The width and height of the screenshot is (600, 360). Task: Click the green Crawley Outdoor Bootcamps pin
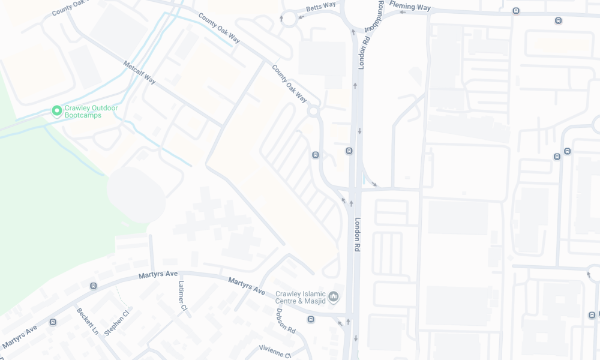point(57,111)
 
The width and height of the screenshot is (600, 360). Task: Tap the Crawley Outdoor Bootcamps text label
point(91,112)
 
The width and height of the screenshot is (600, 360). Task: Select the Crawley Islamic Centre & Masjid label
point(300,298)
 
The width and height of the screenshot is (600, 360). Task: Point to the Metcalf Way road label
point(139,72)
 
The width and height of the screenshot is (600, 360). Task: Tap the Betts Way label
point(321,7)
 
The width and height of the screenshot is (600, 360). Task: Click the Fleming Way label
point(410,6)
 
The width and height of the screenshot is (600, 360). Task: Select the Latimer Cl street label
point(182,296)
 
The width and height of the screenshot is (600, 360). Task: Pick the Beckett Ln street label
point(87,321)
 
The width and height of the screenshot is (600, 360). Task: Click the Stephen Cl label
point(116,323)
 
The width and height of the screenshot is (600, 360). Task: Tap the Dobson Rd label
point(286,321)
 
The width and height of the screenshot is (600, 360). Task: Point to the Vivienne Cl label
point(275,350)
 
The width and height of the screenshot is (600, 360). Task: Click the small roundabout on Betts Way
point(289,19)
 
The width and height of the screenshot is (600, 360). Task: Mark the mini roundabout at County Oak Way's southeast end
point(313,111)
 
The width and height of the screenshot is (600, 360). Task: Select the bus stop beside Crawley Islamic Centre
point(311,319)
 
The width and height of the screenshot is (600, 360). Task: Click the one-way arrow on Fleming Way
point(402,12)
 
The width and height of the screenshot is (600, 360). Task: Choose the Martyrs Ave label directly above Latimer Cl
point(158,274)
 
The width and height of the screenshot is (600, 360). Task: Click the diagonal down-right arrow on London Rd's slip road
point(374,184)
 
